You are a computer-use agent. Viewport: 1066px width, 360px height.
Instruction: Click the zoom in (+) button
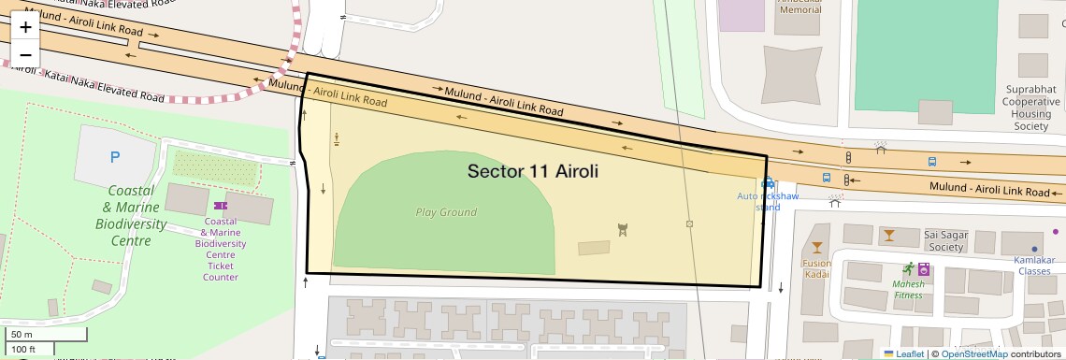coord(25,27)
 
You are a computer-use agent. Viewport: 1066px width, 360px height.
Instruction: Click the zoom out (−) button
coord(25,54)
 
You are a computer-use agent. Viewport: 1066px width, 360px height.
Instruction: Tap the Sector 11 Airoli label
coord(532,172)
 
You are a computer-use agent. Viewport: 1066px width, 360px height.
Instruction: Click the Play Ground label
coord(446,212)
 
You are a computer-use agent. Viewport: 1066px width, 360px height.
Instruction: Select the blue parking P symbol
coord(115,158)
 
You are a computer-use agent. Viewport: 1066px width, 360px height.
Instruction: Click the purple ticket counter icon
coord(220,205)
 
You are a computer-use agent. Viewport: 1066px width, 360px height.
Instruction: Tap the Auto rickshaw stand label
coord(768,201)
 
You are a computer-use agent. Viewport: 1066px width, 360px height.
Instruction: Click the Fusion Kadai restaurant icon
coord(817,248)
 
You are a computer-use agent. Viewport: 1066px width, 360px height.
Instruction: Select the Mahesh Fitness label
coord(907,289)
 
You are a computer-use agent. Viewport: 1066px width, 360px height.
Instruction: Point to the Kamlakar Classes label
coord(1034,265)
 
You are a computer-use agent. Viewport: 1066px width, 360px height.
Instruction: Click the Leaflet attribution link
coord(904,353)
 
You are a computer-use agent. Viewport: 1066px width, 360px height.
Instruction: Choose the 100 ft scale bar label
coord(24,349)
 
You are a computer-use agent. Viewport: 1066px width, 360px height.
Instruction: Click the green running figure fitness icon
coord(907,268)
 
